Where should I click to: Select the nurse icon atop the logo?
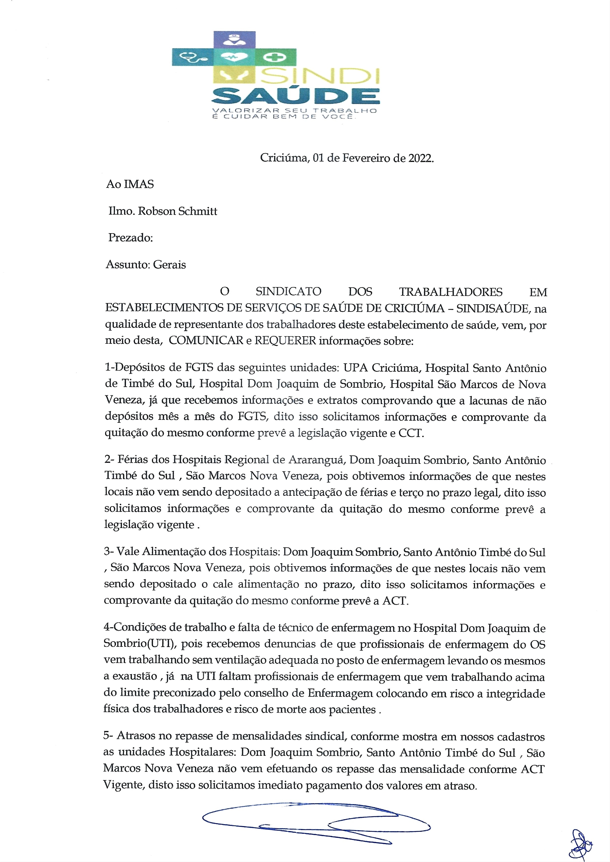pos(234,38)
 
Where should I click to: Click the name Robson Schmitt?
pos(177,211)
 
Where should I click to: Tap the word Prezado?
pos(130,238)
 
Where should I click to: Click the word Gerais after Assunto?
pos(169,265)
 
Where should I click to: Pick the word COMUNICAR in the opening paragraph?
pos(206,341)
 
